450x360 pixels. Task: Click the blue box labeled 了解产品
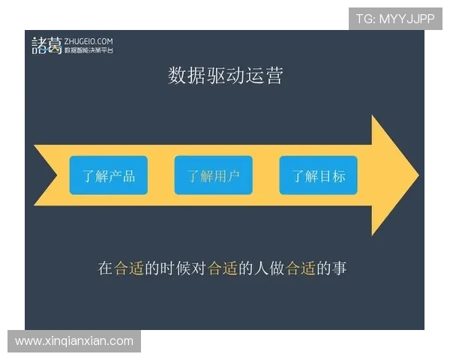click(x=109, y=176)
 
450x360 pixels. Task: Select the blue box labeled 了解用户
click(x=214, y=176)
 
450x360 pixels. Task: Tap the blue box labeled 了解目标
click(x=319, y=176)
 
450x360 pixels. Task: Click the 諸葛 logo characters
click(x=46, y=45)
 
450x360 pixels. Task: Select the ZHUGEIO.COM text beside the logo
click(x=89, y=40)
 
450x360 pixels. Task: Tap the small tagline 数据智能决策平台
click(x=88, y=50)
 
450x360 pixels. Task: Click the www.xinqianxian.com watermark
click(x=74, y=341)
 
